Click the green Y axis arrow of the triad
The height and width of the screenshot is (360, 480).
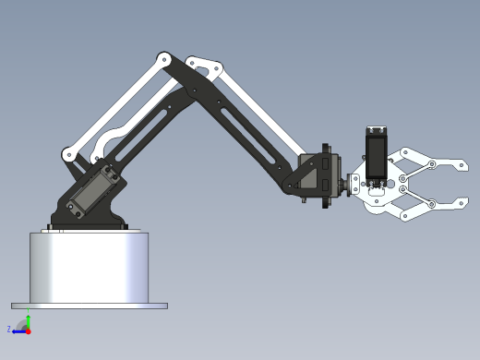28,320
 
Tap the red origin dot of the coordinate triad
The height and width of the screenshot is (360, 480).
28,330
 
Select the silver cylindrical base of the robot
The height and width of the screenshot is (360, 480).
89,267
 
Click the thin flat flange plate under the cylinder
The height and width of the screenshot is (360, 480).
89,306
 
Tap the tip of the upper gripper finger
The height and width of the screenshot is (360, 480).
462,166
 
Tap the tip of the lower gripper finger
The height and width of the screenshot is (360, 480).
462,202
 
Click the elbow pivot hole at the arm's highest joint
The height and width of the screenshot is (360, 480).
164,59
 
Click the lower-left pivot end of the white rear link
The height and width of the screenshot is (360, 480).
68,154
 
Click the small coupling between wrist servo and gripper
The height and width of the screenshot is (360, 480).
353,185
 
